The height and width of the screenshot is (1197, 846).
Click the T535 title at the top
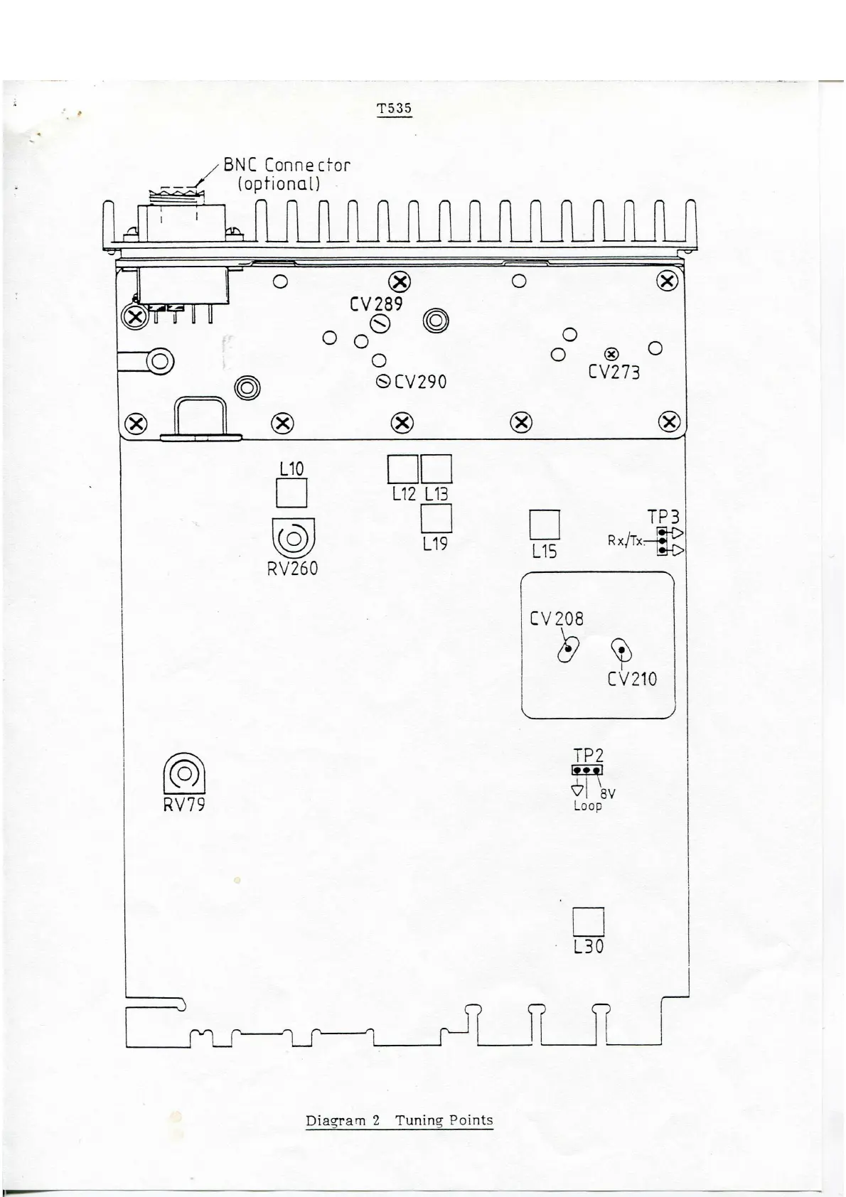tap(394, 109)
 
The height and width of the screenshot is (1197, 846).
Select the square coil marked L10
tap(291, 493)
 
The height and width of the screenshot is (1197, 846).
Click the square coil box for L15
tap(545, 525)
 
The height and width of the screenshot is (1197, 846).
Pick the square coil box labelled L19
tap(437, 518)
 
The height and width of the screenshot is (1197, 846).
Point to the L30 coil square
tap(589, 922)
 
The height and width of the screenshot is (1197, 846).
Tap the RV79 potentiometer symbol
tap(184, 773)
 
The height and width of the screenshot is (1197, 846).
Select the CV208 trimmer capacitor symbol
tap(568, 649)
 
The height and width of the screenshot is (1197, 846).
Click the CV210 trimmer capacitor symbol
tap(622, 650)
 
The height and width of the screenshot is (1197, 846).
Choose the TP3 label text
tap(663, 516)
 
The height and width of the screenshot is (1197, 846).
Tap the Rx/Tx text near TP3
tap(625, 540)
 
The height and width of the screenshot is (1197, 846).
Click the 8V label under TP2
tap(608, 794)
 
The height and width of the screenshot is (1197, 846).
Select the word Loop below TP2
tap(588, 806)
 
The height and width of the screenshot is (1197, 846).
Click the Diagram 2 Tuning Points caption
tap(399, 1120)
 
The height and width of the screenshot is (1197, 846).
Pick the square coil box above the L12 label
tap(402, 469)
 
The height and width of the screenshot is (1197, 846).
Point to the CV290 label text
tap(420, 382)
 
